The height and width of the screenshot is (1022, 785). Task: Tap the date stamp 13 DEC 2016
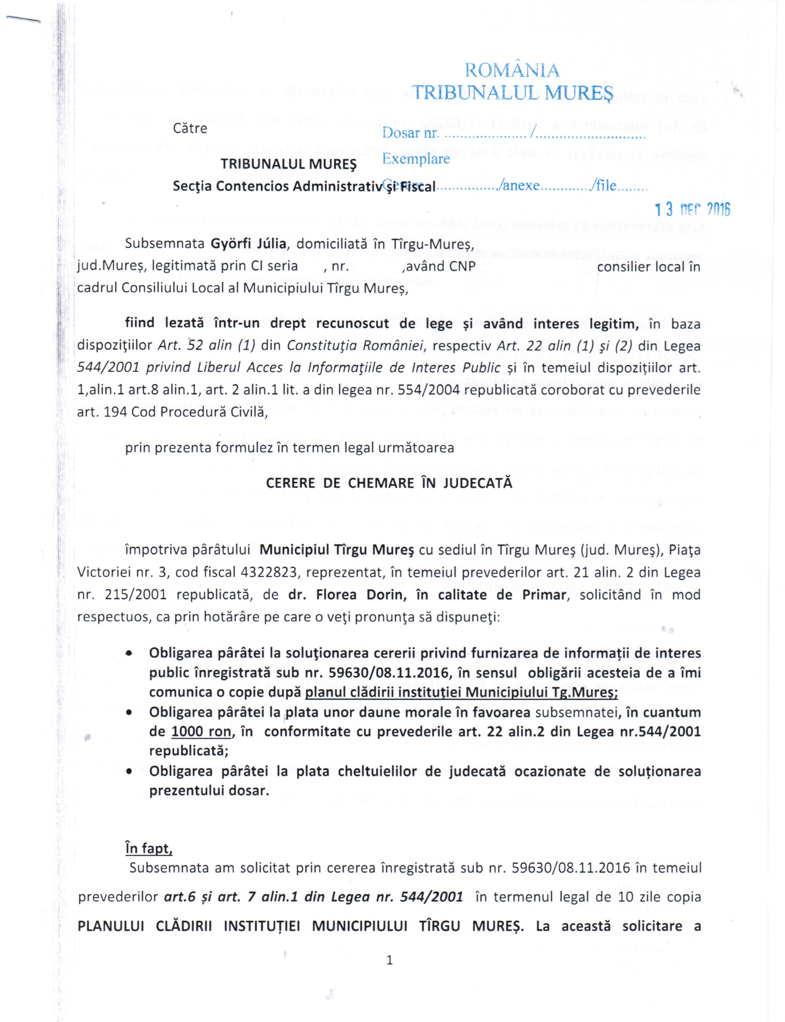click(x=692, y=210)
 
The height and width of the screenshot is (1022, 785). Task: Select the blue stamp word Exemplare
click(x=416, y=159)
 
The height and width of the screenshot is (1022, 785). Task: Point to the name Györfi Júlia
click(x=248, y=244)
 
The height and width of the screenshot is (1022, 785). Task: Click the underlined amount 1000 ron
click(x=201, y=731)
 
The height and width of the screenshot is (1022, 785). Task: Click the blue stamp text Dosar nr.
click(x=410, y=134)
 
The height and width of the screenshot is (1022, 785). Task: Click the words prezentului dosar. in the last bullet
click(x=209, y=791)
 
